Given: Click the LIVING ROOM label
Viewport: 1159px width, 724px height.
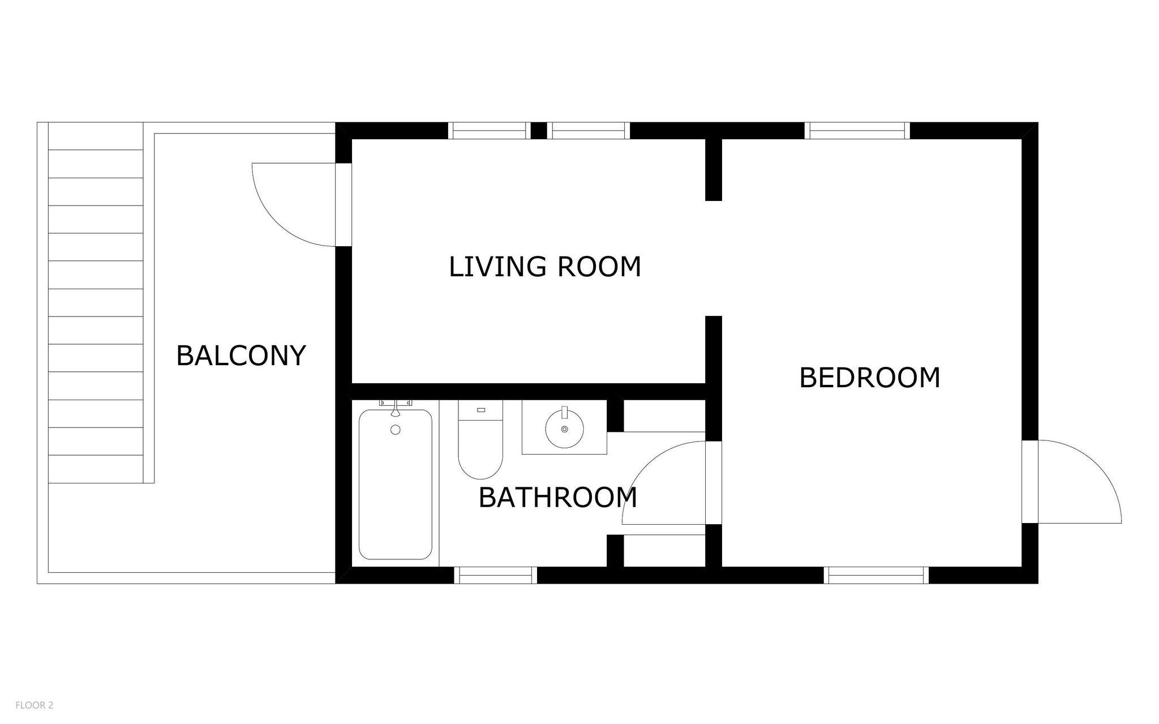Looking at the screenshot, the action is point(545,267).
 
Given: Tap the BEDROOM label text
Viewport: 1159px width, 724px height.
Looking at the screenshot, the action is point(870,378).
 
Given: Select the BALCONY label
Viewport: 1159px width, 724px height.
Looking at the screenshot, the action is point(241,356).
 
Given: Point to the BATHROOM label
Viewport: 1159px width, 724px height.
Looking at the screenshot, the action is point(558,498).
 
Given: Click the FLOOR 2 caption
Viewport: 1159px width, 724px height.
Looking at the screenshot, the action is point(35,705).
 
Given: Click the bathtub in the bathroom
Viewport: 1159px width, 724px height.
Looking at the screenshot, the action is point(396,484).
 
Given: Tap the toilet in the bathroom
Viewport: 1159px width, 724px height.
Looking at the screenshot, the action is point(480,440).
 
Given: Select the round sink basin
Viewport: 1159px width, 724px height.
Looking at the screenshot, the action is point(564,429).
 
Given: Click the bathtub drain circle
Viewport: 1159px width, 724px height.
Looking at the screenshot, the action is point(396,430).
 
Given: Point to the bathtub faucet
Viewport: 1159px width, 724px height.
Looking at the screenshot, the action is point(396,407).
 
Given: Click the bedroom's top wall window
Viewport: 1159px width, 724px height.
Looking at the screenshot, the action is point(857,131).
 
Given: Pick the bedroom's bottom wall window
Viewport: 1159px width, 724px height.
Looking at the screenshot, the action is point(876,575).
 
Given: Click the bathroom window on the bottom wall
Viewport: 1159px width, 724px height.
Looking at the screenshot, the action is point(495,575).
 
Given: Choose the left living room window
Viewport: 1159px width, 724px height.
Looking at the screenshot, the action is point(490,131).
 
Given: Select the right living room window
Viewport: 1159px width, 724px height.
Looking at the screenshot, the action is point(589,131).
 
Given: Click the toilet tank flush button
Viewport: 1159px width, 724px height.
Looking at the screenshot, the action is point(482,410).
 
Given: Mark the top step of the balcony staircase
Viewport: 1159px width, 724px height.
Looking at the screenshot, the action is point(96,136).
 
